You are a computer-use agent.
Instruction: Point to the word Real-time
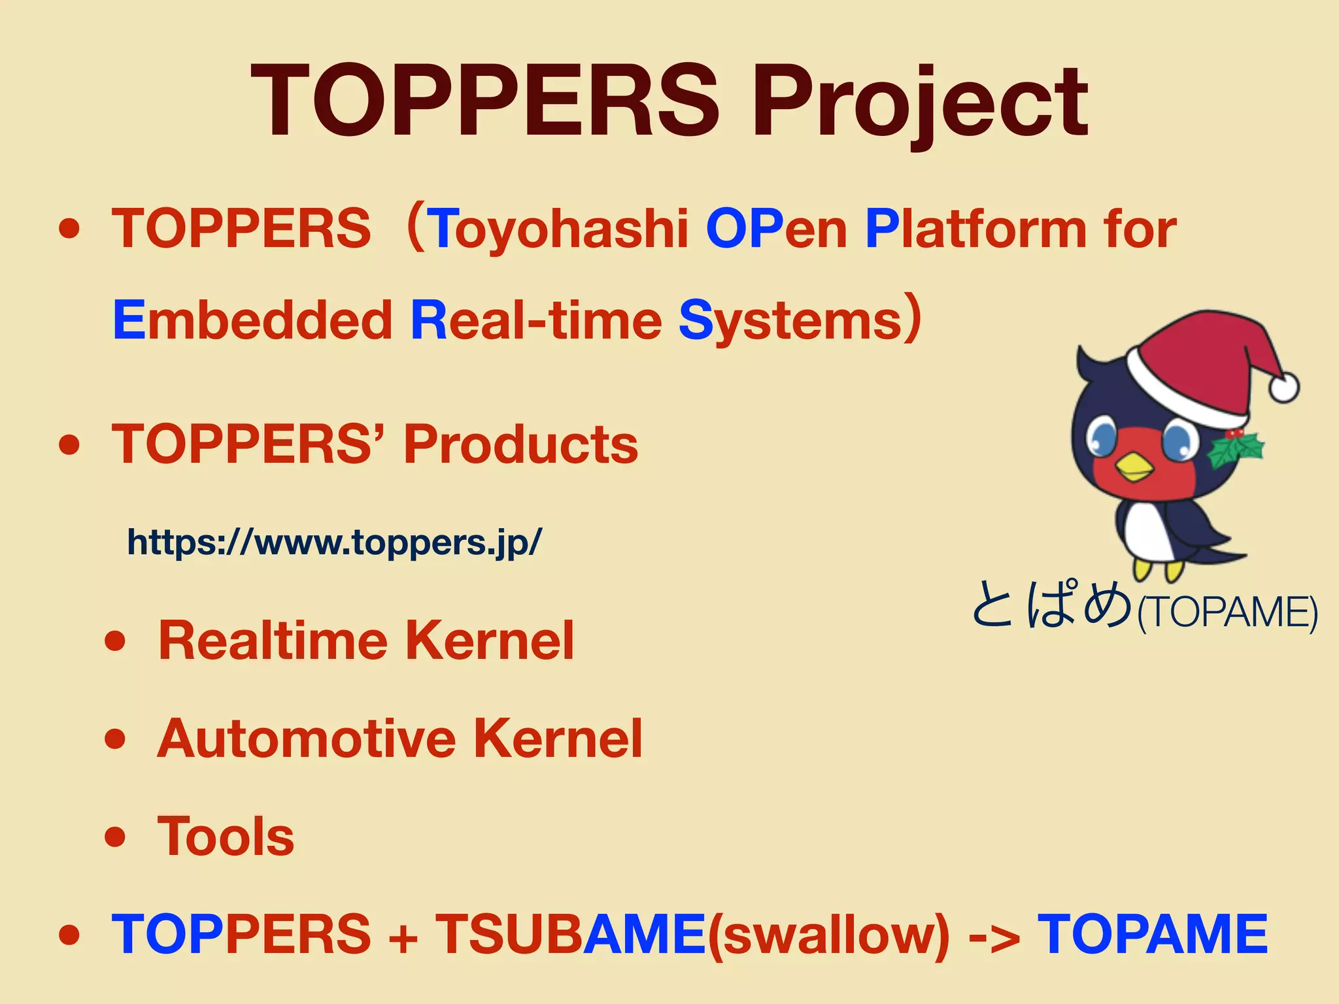point(536,321)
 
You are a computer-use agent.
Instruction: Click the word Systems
point(791,321)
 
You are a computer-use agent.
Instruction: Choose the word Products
point(520,444)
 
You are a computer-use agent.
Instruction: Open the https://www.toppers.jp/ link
point(334,542)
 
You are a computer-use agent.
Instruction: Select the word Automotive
point(306,739)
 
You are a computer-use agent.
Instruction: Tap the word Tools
point(226,837)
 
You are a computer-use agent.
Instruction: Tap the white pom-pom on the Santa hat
point(1283,387)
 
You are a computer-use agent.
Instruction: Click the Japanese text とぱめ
point(1051,605)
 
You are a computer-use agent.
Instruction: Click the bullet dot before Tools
point(114,837)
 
